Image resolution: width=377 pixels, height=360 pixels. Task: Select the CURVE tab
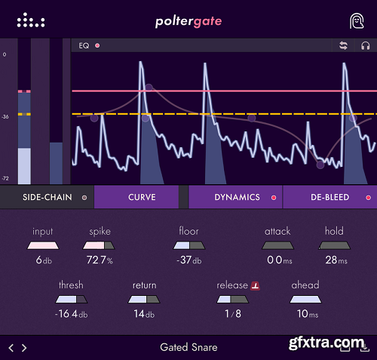point(142,198)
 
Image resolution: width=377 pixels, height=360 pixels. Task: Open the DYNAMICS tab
point(236,198)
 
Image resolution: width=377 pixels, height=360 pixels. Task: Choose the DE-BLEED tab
point(329,198)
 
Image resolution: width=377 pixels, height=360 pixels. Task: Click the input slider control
point(42,245)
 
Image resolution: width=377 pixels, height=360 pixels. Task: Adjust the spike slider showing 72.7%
point(100,245)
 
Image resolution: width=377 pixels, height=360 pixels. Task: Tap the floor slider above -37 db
point(188,245)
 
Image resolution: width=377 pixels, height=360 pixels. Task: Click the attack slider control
point(277,245)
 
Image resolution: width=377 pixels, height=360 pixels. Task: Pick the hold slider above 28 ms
point(333,245)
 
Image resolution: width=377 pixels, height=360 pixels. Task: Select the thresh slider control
point(71,300)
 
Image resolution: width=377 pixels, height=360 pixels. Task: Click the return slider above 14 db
point(144,300)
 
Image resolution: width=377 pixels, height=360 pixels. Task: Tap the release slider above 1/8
point(231,300)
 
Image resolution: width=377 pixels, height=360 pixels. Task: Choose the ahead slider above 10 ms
point(305,300)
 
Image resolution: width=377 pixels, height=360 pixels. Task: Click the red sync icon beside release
point(255,285)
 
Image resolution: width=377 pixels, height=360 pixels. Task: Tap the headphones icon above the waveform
point(365,45)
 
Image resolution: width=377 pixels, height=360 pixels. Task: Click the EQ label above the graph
point(84,45)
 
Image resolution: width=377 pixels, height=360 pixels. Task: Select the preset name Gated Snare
point(188,348)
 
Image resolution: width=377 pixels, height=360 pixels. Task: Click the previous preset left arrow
point(11,348)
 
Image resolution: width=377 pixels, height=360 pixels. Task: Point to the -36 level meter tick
point(5,117)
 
